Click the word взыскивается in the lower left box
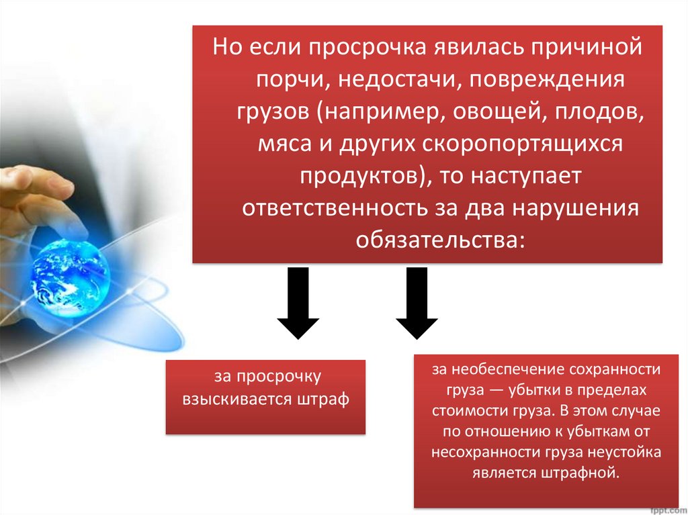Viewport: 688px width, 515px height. pos(235,400)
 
